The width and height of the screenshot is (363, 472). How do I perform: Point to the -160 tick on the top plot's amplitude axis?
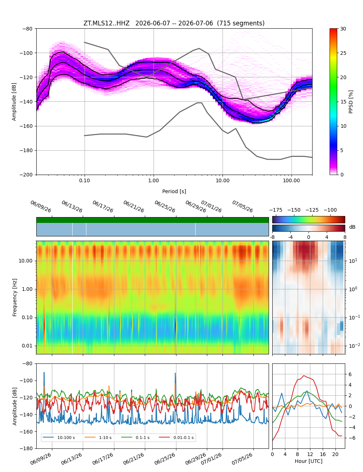pyautogui.click(x=26, y=126)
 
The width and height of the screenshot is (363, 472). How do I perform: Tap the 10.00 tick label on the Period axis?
pyautogui.click(x=222, y=181)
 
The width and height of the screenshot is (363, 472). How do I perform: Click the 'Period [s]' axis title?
pyautogui.click(x=174, y=191)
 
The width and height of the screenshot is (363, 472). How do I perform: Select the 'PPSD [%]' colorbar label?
pyautogui.click(x=351, y=102)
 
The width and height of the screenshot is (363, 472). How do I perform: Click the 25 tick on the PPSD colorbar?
pyautogui.click(x=343, y=53)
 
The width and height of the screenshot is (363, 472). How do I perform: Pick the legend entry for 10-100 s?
pyautogui.click(x=59, y=438)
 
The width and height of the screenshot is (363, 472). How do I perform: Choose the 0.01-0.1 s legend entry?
pyautogui.click(x=176, y=438)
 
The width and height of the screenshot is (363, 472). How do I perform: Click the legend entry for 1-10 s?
pyautogui.click(x=98, y=438)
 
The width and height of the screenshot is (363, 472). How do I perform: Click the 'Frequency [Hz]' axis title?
pyautogui.click(x=15, y=297)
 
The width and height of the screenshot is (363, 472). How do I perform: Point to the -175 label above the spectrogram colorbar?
pyautogui.click(x=276, y=210)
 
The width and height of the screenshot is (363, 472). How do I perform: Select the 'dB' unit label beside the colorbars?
pyautogui.click(x=352, y=227)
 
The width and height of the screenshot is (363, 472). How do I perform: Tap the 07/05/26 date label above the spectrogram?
pyautogui.click(x=242, y=206)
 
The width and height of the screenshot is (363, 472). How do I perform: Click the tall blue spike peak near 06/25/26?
pyautogui.click(x=175, y=373)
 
